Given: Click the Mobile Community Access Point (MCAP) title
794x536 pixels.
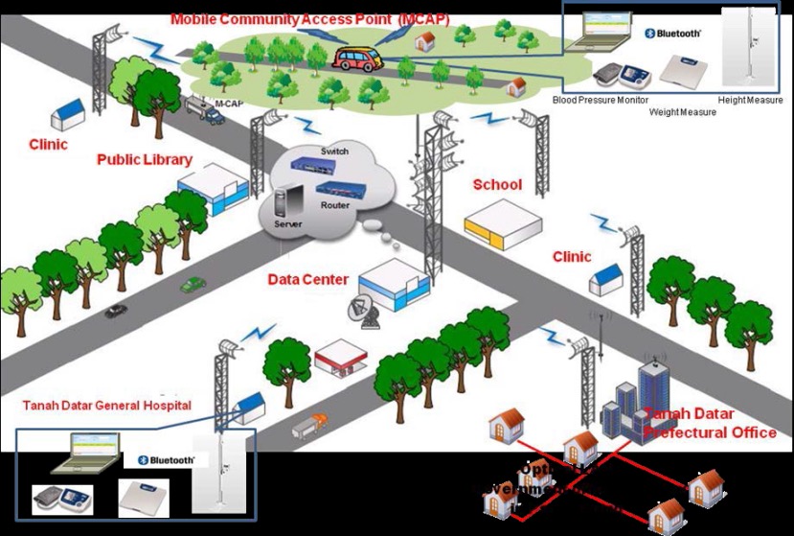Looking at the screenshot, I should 310,19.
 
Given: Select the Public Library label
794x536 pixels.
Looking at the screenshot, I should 145,159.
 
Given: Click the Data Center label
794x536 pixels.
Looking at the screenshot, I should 306,280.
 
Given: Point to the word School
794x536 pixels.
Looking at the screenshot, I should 498,184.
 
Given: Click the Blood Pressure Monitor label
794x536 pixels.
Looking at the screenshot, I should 601,100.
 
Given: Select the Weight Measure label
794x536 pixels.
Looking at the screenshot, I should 683,112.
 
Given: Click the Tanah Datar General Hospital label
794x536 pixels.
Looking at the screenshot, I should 107,406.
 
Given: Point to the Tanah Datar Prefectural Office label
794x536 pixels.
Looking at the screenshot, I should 710,424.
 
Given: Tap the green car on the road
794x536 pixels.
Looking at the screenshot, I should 193,285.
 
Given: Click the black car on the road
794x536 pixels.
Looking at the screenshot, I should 117,311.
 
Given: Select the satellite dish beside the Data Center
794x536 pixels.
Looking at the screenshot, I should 361,311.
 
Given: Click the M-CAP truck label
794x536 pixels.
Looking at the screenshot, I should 227,103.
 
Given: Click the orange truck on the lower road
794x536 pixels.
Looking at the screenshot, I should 310,424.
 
